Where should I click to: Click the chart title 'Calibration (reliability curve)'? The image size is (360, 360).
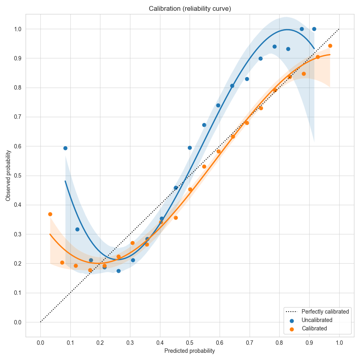click(190, 8)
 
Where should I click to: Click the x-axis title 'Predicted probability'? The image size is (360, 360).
click(190, 351)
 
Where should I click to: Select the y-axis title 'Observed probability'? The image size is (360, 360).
click(8, 176)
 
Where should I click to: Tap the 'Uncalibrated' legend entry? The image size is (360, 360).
click(317, 320)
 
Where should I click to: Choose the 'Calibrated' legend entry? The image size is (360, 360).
click(314, 328)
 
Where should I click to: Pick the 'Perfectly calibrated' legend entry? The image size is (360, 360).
click(325, 311)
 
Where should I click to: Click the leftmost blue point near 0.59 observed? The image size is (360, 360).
click(65, 148)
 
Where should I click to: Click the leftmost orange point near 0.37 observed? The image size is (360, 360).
click(50, 214)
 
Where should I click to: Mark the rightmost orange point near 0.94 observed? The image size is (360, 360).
click(330, 46)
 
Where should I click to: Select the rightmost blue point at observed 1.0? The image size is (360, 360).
click(314, 29)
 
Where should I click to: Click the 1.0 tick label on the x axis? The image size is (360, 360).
click(339, 343)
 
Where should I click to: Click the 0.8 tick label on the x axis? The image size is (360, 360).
click(279, 343)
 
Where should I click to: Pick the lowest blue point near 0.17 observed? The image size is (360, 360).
click(118, 271)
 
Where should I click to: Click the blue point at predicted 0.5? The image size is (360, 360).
click(190, 148)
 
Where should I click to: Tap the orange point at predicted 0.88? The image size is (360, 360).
click(304, 74)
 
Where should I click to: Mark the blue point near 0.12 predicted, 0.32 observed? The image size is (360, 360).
click(77, 229)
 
